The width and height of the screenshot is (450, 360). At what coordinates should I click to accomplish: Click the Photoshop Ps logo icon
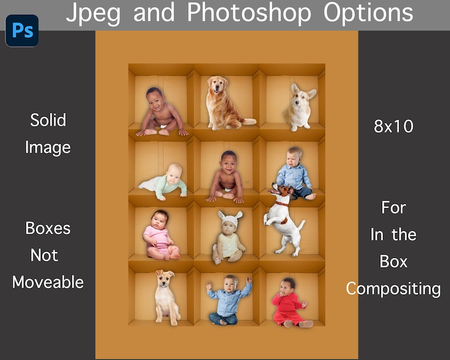[22, 30]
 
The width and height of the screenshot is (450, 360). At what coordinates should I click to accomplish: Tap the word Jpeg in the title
[94, 13]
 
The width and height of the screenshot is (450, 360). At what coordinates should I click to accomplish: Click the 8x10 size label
[393, 126]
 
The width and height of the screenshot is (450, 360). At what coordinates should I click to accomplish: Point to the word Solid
[48, 120]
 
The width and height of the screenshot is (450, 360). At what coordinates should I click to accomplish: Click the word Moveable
[48, 282]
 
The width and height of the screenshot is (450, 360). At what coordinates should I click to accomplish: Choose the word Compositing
[393, 289]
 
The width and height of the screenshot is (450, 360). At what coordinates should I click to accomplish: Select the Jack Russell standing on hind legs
[285, 220]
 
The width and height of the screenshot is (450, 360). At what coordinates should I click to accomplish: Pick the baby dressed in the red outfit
[290, 304]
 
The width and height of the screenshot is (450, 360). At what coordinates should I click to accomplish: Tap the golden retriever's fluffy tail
[248, 121]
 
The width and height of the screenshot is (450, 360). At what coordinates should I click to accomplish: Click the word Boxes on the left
[48, 228]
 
